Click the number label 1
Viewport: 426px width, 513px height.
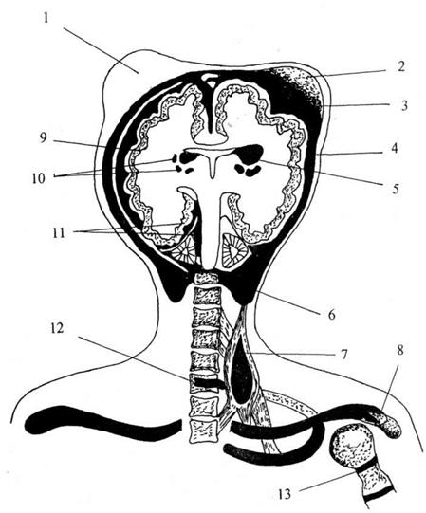click(46, 18)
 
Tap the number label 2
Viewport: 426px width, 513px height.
click(401, 67)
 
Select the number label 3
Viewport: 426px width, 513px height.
click(404, 105)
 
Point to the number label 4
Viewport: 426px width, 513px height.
click(395, 148)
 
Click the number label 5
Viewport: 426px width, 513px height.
click(396, 188)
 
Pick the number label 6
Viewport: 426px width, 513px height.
click(332, 315)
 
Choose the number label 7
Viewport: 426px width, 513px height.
click(343, 355)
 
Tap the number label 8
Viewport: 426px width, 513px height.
click(399, 351)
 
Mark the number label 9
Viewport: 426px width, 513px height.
click(44, 137)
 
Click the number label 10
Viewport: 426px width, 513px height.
click(39, 178)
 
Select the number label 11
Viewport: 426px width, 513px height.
click(59, 233)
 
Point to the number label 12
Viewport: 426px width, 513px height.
click(57, 328)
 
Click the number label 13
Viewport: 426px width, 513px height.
click(285, 494)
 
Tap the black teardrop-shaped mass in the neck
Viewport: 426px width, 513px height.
click(241, 376)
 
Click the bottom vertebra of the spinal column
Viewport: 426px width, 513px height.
click(204, 431)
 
